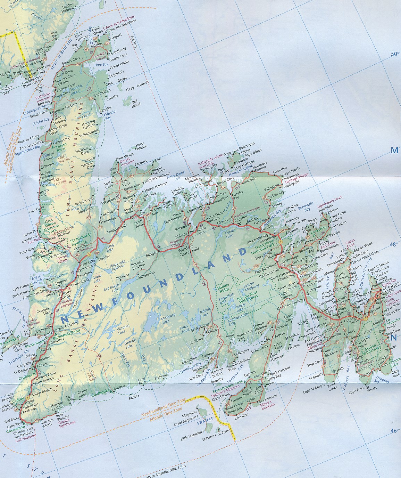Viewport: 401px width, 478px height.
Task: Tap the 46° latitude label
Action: [393, 430]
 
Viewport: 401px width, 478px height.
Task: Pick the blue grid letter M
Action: [394, 150]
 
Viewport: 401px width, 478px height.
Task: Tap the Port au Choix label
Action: [30, 138]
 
